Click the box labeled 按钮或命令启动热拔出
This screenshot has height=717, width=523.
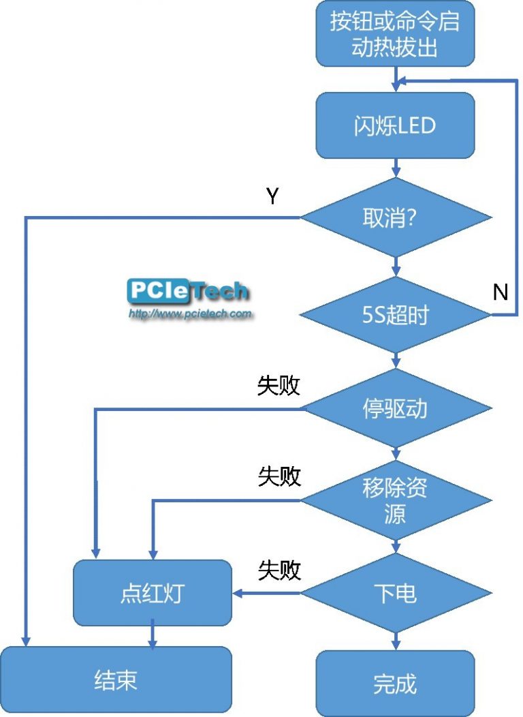pyautogui.click(x=395, y=34)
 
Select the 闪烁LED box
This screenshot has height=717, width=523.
pyautogui.click(x=395, y=126)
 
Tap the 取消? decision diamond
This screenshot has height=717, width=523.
pyautogui.click(x=396, y=218)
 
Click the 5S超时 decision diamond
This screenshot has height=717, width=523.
pyautogui.click(x=396, y=315)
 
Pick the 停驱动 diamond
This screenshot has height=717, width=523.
pyautogui.click(x=396, y=408)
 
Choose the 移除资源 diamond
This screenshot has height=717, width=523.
pyautogui.click(x=396, y=501)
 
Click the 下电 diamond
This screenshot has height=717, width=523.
pyautogui.click(x=396, y=593)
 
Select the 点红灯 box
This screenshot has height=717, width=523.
pyautogui.click(x=153, y=593)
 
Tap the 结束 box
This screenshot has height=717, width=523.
pyautogui.click(x=116, y=680)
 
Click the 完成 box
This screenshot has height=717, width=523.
pyautogui.click(x=395, y=683)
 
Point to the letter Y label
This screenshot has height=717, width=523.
pyautogui.click(x=272, y=197)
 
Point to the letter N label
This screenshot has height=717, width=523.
pyautogui.click(x=501, y=292)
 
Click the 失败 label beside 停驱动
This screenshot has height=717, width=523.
pyautogui.click(x=279, y=386)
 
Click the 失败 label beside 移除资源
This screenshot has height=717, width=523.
pyautogui.click(x=279, y=477)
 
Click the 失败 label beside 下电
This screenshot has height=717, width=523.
pyautogui.click(x=279, y=570)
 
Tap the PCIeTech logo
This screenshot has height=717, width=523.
pyautogui.click(x=188, y=292)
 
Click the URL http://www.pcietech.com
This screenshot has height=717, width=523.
pyautogui.click(x=191, y=314)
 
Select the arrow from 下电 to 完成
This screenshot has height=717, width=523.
pyautogui.click(x=396, y=640)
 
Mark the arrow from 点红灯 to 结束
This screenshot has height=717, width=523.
pyautogui.click(x=153, y=637)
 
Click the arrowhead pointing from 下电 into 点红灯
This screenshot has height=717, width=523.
pyautogui.click(x=238, y=593)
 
